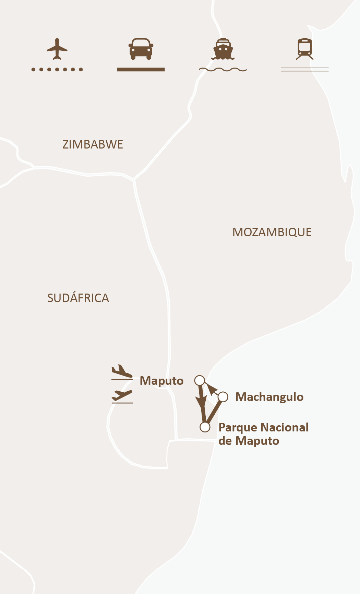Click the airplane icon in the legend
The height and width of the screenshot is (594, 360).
pyautogui.click(x=57, y=49)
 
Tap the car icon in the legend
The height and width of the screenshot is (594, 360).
pyautogui.click(x=141, y=48)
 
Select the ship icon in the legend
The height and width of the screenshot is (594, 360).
pyautogui.click(x=223, y=49)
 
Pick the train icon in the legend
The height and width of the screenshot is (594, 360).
pyautogui.click(x=305, y=49)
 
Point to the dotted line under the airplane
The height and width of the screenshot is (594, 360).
pyautogui.click(x=57, y=70)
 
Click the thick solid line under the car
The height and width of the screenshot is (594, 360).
pyautogui.click(x=141, y=70)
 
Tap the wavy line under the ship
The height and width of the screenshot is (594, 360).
pyautogui.click(x=223, y=70)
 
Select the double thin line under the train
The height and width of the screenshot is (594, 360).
pyautogui.click(x=305, y=70)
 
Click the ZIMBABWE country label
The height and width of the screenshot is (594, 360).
pyautogui.click(x=93, y=144)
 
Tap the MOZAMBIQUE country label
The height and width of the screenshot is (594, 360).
pyautogui.click(x=272, y=232)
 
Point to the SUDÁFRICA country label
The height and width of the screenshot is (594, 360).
pyautogui.click(x=78, y=298)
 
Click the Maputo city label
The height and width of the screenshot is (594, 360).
pyautogui.click(x=161, y=381)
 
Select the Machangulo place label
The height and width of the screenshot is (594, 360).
pyautogui.click(x=269, y=397)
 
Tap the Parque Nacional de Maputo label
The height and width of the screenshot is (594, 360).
pyautogui.click(x=263, y=434)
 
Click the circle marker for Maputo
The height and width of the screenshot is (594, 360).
pyautogui.click(x=200, y=380)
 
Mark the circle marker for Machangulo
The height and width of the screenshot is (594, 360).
pyautogui.click(x=223, y=397)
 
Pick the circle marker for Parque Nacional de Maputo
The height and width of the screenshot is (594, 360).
pyautogui.click(x=205, y=427)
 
